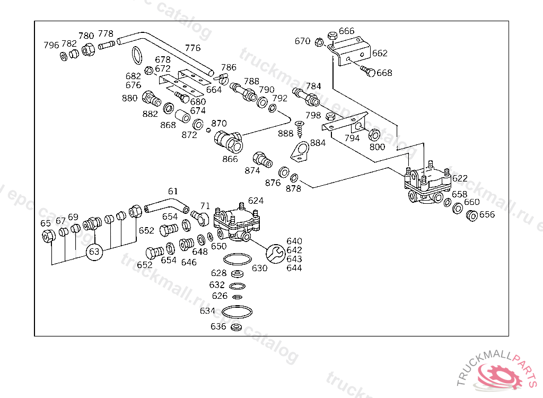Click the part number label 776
tap(192, 48)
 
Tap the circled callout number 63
tap(94, 252)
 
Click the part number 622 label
tap(460, 178)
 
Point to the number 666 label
tap(346, 31)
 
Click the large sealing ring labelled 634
tap(238, 311)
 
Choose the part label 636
tap(218, 327)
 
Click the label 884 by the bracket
tap(318, 143)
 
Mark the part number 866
tap(230, 159)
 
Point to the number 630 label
tap(259, 268)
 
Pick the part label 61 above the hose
tap(173, 191)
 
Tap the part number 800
tap(377, 147)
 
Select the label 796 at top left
tap(51, 45)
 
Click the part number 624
tap(256, 201)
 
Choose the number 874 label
tap(252, 170)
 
